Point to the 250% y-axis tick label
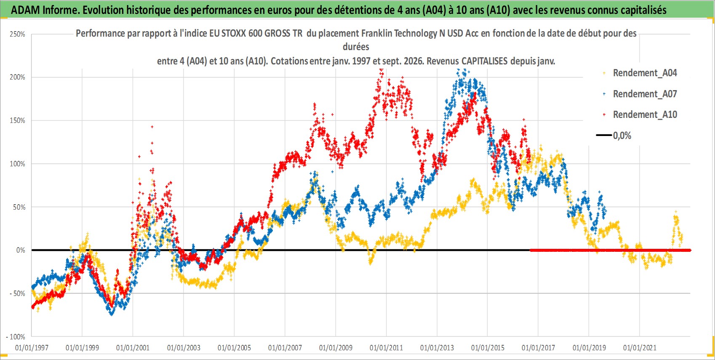pyautogui.click(x=18, y=34)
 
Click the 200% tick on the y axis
pyautogui.click(x=18, y=77)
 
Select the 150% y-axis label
pyautogui.click(x=18, y=121)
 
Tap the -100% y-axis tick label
pyautogui.click(x=16, y=337)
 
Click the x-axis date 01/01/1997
pyautogui.click(x=32, y=347)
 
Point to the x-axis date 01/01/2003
pyautogui.click(x=184, y=347)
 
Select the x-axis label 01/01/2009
pyautogui.click(x=336, y=347)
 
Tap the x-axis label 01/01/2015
pyautogui.click(x=488, y=347)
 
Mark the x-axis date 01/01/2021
pyautogui.click(x=640, y=347)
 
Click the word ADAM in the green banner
pyautogui.click(x=25, y=10)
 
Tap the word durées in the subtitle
pyautogui.click(x=356, y=47)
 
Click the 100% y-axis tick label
pyautogui.click(x=18, y=164)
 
